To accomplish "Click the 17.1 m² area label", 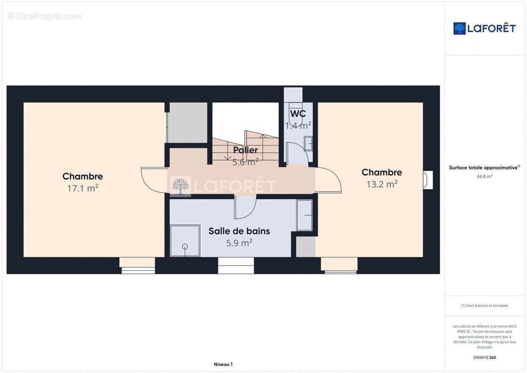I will (82, 188).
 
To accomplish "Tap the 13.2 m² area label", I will (382, 184).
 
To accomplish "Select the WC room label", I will (298, 114).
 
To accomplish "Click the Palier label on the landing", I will (246, 150).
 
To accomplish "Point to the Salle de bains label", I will (239, 231).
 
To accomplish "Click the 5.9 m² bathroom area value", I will (239, 242).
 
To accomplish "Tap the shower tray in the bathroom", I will (185, 241).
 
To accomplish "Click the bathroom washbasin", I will (304, 215).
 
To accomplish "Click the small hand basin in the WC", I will (308, 144).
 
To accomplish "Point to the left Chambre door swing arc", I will (151, 180).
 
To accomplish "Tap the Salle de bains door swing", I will (245, 208).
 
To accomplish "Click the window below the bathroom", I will (236, 265).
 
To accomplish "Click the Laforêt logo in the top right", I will (485, 28).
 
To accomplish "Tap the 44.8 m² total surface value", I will (485, 176).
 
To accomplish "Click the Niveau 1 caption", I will (223, 364).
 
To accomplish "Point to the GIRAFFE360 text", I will (485, 358).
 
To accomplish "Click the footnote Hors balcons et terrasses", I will (485, 305).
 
